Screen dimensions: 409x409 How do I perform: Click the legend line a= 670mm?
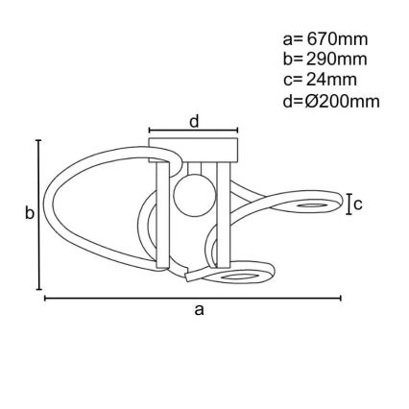pos(325,39)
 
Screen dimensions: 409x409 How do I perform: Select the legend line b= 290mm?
pos(325,60)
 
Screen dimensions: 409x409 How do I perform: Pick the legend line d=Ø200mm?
pos(331,100)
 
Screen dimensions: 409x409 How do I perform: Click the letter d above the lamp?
pos(194,121)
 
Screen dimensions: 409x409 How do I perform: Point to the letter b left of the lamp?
pos(29,213)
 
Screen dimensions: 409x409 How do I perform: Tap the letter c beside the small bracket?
pos(357,204)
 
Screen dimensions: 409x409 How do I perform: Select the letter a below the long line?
pos(200,309)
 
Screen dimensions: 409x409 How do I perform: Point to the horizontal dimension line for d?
pos(194,132)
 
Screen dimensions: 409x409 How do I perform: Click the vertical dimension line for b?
pos(38,213)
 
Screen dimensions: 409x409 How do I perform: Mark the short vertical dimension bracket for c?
pos(348,203)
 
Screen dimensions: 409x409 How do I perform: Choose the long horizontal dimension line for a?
pos(192,298)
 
